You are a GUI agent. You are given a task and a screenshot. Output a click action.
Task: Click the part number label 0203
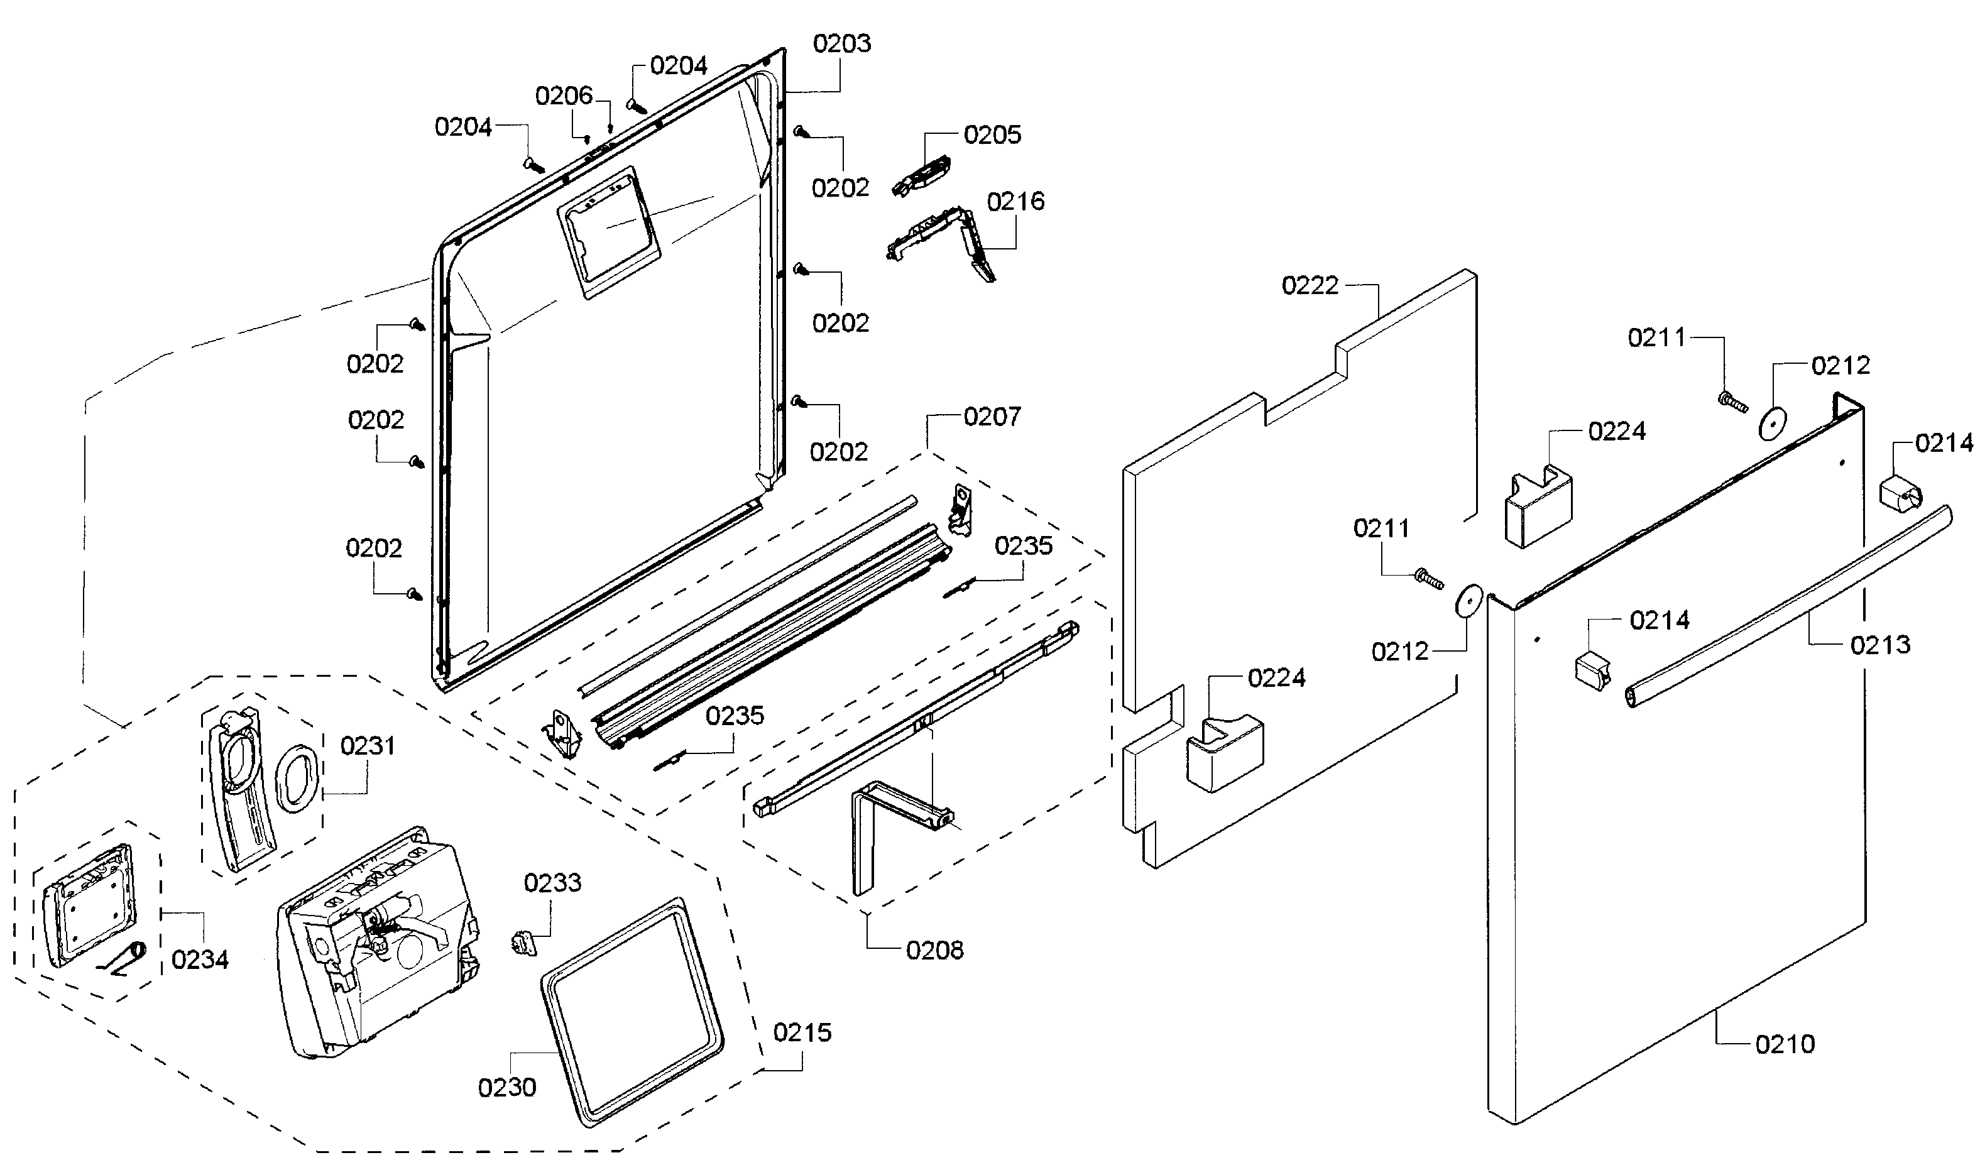841,43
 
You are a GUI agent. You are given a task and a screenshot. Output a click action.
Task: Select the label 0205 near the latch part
992,134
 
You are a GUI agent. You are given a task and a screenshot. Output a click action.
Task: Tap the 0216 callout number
1015,201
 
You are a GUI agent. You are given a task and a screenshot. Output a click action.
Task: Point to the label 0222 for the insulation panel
1310,285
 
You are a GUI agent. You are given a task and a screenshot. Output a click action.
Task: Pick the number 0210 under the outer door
1785,1044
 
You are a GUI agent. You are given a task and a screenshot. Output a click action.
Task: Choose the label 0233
552,882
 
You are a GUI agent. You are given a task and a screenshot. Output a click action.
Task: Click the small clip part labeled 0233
524,941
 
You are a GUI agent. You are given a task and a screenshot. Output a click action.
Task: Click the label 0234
200,959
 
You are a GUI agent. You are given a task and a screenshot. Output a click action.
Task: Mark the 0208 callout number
934,951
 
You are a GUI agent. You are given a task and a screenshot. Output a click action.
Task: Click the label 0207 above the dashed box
992,417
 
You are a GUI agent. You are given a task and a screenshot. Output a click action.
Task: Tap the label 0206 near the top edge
564,96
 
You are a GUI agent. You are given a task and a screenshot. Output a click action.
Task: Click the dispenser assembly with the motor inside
377,943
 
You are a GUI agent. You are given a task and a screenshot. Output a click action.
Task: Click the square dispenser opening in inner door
609,231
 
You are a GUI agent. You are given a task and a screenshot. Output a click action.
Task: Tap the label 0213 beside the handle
1879,645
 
